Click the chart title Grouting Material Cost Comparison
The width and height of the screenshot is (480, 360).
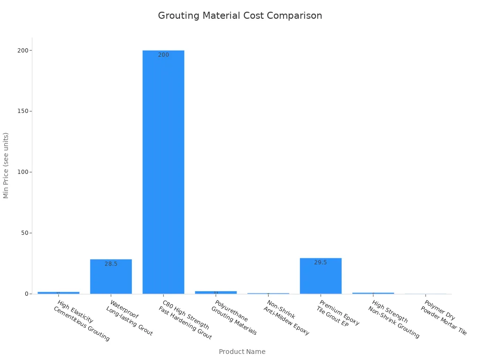(x=240, y=15)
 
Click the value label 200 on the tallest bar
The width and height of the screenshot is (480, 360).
(x=163, y=55)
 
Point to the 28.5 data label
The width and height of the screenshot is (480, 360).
(x=111, y=264)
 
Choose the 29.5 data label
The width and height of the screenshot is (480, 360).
(x=321, y=262)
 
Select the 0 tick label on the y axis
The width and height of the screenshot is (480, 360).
(x=26, y=294)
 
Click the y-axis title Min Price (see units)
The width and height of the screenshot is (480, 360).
(x=6, y=165)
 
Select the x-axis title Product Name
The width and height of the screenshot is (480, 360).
(x=242, y=352)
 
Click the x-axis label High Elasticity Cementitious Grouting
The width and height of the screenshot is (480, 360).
(x=82, y=321)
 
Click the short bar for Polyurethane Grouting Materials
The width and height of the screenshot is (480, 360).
(x=216, y=292)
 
